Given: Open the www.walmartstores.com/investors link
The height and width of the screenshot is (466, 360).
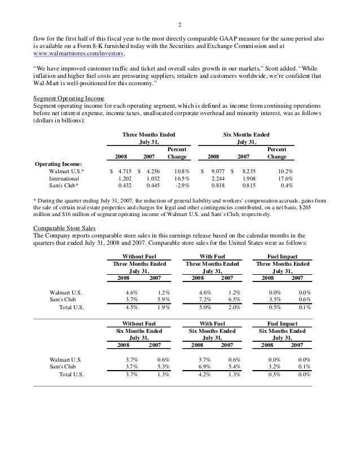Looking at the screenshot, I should (80, 55).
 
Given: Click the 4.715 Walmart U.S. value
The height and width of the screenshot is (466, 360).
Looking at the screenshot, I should (122, 170).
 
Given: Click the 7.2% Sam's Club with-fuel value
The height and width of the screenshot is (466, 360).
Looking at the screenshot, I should (201, 300).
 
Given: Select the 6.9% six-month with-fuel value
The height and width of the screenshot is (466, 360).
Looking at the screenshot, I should (201, 368).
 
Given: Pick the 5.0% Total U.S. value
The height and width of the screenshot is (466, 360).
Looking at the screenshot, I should (201, 308).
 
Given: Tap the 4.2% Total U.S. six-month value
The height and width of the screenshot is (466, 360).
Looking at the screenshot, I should (201, 376).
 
